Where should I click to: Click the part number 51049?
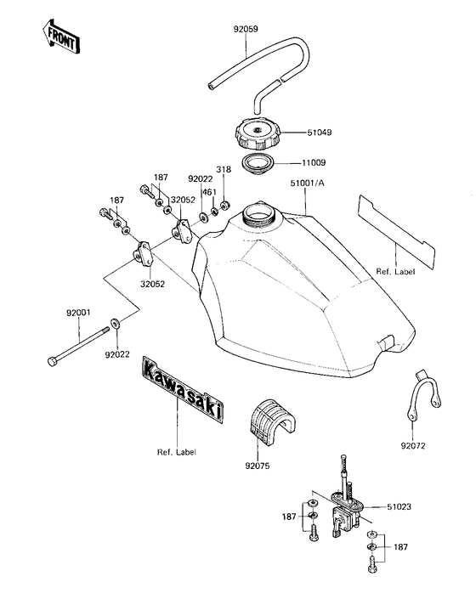(x=318, y=133)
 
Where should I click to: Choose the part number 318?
(x=224, y=170)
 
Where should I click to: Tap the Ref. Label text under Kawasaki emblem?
(x=177, y=452)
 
